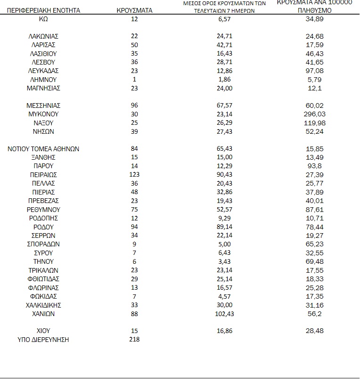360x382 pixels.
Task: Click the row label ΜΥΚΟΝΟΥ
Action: coord(43,114)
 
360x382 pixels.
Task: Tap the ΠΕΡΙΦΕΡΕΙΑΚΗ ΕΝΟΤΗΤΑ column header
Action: coord(41,10)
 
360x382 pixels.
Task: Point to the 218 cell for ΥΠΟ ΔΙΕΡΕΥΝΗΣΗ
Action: coord(134,339)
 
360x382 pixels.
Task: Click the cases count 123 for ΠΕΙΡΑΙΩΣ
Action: coord(134,175)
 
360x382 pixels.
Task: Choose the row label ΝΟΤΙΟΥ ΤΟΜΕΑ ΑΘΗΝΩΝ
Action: coord(43,149)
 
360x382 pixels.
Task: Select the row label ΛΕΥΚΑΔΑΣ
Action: coord(43,71)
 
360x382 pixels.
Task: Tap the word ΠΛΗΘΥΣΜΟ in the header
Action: coord(314,10)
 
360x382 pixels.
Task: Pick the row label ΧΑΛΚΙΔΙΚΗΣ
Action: coord(43,305)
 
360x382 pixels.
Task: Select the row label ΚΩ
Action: coord(43,19)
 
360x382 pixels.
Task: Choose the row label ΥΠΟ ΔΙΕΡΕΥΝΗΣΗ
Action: coord(43,339)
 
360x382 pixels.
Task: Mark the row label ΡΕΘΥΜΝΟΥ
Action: coord(43,210)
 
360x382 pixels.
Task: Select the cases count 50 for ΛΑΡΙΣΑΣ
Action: coord(134,45)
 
